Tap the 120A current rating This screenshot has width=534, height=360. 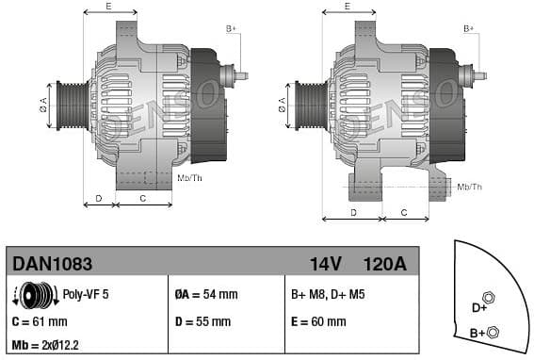coord(385,264)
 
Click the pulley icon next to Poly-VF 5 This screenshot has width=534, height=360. coord(38,295)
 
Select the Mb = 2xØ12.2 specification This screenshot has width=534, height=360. coord(47,345)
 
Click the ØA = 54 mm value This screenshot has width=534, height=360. coord(206,295)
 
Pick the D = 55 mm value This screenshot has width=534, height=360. coord(203,321)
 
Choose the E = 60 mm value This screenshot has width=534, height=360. coord(318,321)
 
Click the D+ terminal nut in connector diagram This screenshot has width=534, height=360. coord(488,298)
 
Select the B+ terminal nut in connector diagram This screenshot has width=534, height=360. coord(495,330)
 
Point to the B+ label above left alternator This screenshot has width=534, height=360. coord(231,29)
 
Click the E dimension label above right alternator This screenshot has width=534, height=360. coord(347,7)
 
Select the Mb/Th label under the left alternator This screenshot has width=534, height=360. coord(189,177)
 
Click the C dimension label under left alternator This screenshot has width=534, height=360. coord(142,198)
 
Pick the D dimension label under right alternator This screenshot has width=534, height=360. coord(353,212)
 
